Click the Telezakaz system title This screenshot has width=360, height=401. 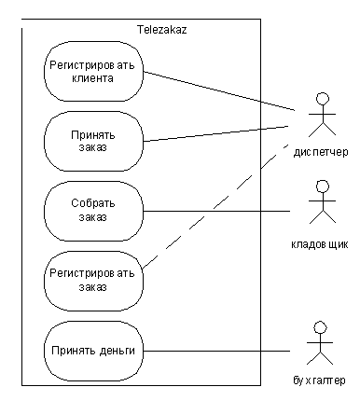point(161,30)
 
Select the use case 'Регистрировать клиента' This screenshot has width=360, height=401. point(93,72)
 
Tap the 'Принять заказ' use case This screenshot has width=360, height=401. point(93,141)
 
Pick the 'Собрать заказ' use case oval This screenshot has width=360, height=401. point(93,211)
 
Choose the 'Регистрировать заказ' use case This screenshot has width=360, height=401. point(93,281)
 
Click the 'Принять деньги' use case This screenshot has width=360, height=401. point(93,351)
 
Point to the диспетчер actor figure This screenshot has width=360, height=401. point(322,115)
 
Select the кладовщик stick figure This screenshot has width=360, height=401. point(323,201)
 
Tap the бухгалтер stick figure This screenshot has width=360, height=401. point(320,343)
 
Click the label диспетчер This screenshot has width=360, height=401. point(321,152)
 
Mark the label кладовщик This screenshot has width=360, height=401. point(320,244)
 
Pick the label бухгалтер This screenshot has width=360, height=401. point(319,380)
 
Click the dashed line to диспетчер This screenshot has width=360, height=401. point(215,205)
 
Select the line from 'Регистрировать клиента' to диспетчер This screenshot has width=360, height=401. point(219,90)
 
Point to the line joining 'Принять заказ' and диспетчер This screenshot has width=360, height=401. point(216,133)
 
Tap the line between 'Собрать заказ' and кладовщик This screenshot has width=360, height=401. point(216,212)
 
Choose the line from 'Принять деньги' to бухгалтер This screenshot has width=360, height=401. point(216,352)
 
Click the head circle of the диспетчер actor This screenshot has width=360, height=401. point(323,99)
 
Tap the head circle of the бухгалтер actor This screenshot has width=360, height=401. point(320,327)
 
